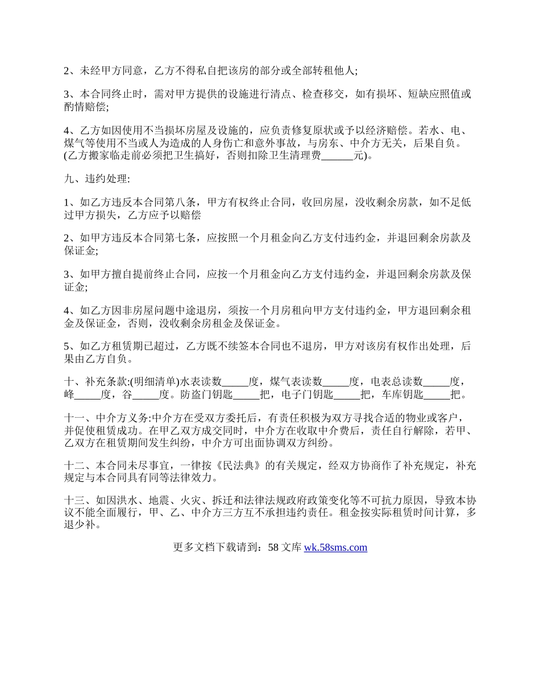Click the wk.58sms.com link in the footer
(x=335, y=547)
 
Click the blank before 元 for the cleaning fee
(x=337, y=156)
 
